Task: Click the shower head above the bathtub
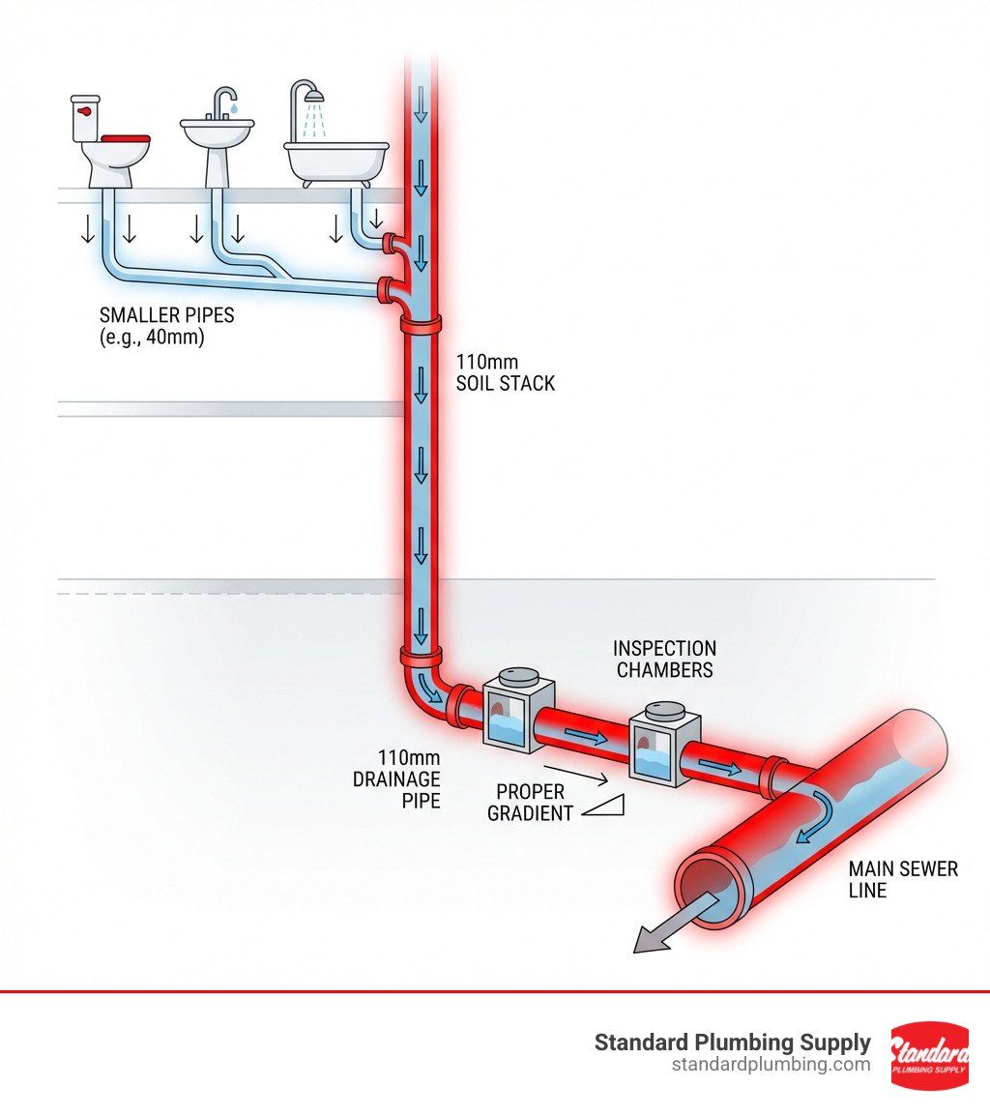tap(310, 96)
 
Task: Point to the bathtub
tap(335, 160)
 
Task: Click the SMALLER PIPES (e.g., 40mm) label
tap(153, 327)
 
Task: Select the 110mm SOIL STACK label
tap(505, 372)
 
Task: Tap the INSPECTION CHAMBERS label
tap(664, 659)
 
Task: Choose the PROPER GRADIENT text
tap(530, 803)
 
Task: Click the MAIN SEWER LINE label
tap(902, 879)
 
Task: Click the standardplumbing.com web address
tap(771, 1065)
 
